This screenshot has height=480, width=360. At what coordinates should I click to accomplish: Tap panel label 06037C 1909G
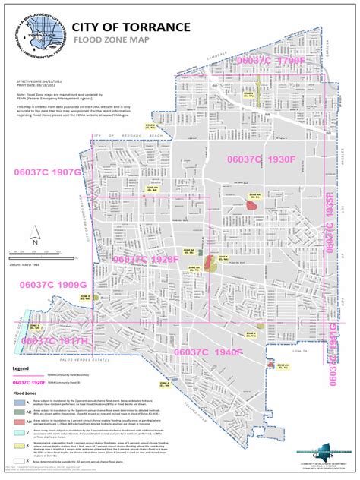(x=54, y=283)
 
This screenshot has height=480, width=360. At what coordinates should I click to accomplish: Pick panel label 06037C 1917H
(x=55, y=341)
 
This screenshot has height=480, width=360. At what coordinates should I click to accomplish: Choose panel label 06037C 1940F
(x=207, y=352)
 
